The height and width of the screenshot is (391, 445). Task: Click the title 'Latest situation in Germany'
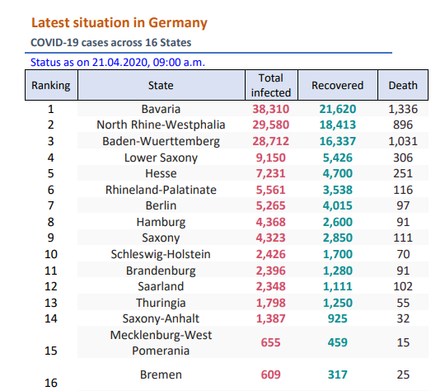point(119,23)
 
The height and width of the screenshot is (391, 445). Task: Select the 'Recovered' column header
point(337,85)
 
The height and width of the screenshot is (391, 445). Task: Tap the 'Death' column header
point(403,85)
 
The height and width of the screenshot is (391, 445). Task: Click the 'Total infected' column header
point(271,85)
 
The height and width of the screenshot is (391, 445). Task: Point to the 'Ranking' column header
point(51,86)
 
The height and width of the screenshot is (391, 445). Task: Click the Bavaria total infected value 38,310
point(271,109)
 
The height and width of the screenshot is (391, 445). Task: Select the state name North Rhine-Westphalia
point(161,125)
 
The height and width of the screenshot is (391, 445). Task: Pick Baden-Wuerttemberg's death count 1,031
point(403,141)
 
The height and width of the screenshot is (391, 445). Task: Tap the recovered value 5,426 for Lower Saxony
point(337,158)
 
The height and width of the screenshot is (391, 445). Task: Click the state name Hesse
point(161,173)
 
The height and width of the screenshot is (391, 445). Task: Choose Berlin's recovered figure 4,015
point(337,205)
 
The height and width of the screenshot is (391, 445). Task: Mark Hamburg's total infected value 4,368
point(271,222)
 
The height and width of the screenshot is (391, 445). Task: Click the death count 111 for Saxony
point(403,238)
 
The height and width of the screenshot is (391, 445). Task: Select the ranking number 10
point(51,254)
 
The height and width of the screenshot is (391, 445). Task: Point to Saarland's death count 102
point(403,286)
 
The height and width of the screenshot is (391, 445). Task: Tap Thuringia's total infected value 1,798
point(271,303)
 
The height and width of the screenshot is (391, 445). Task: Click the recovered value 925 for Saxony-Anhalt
point(337,318)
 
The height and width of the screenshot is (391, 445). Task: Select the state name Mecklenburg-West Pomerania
point(161,342)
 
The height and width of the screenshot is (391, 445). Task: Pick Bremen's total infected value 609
point(271,375)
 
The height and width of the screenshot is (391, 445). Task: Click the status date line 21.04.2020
point(118,62)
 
